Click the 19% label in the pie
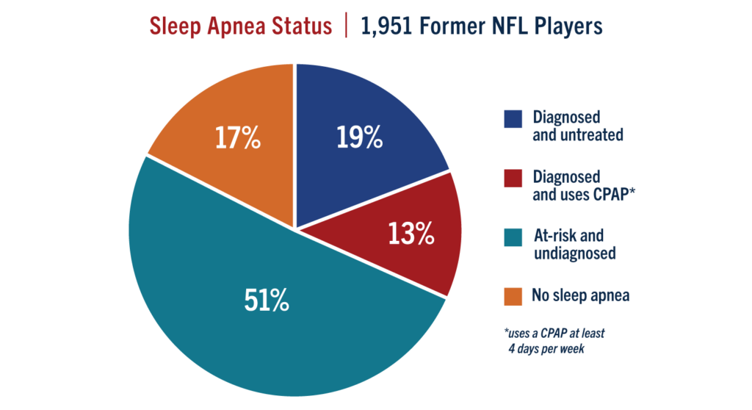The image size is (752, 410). click(360, 137)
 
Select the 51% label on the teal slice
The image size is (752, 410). click(266, 301)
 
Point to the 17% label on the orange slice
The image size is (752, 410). click(237, 139)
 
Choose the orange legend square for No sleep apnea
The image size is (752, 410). click(513, 296)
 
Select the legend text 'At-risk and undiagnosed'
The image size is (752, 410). click(574, 245)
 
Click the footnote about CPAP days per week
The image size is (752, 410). click(554, 340)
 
